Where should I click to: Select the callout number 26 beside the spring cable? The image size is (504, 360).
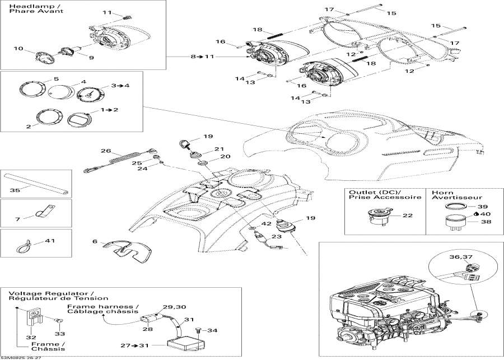click(106, 151)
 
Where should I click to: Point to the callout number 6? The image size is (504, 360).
click(95, 241)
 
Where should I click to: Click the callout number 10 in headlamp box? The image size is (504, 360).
click(18, 49)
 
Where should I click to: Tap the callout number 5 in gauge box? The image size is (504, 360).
click(56, 79)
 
